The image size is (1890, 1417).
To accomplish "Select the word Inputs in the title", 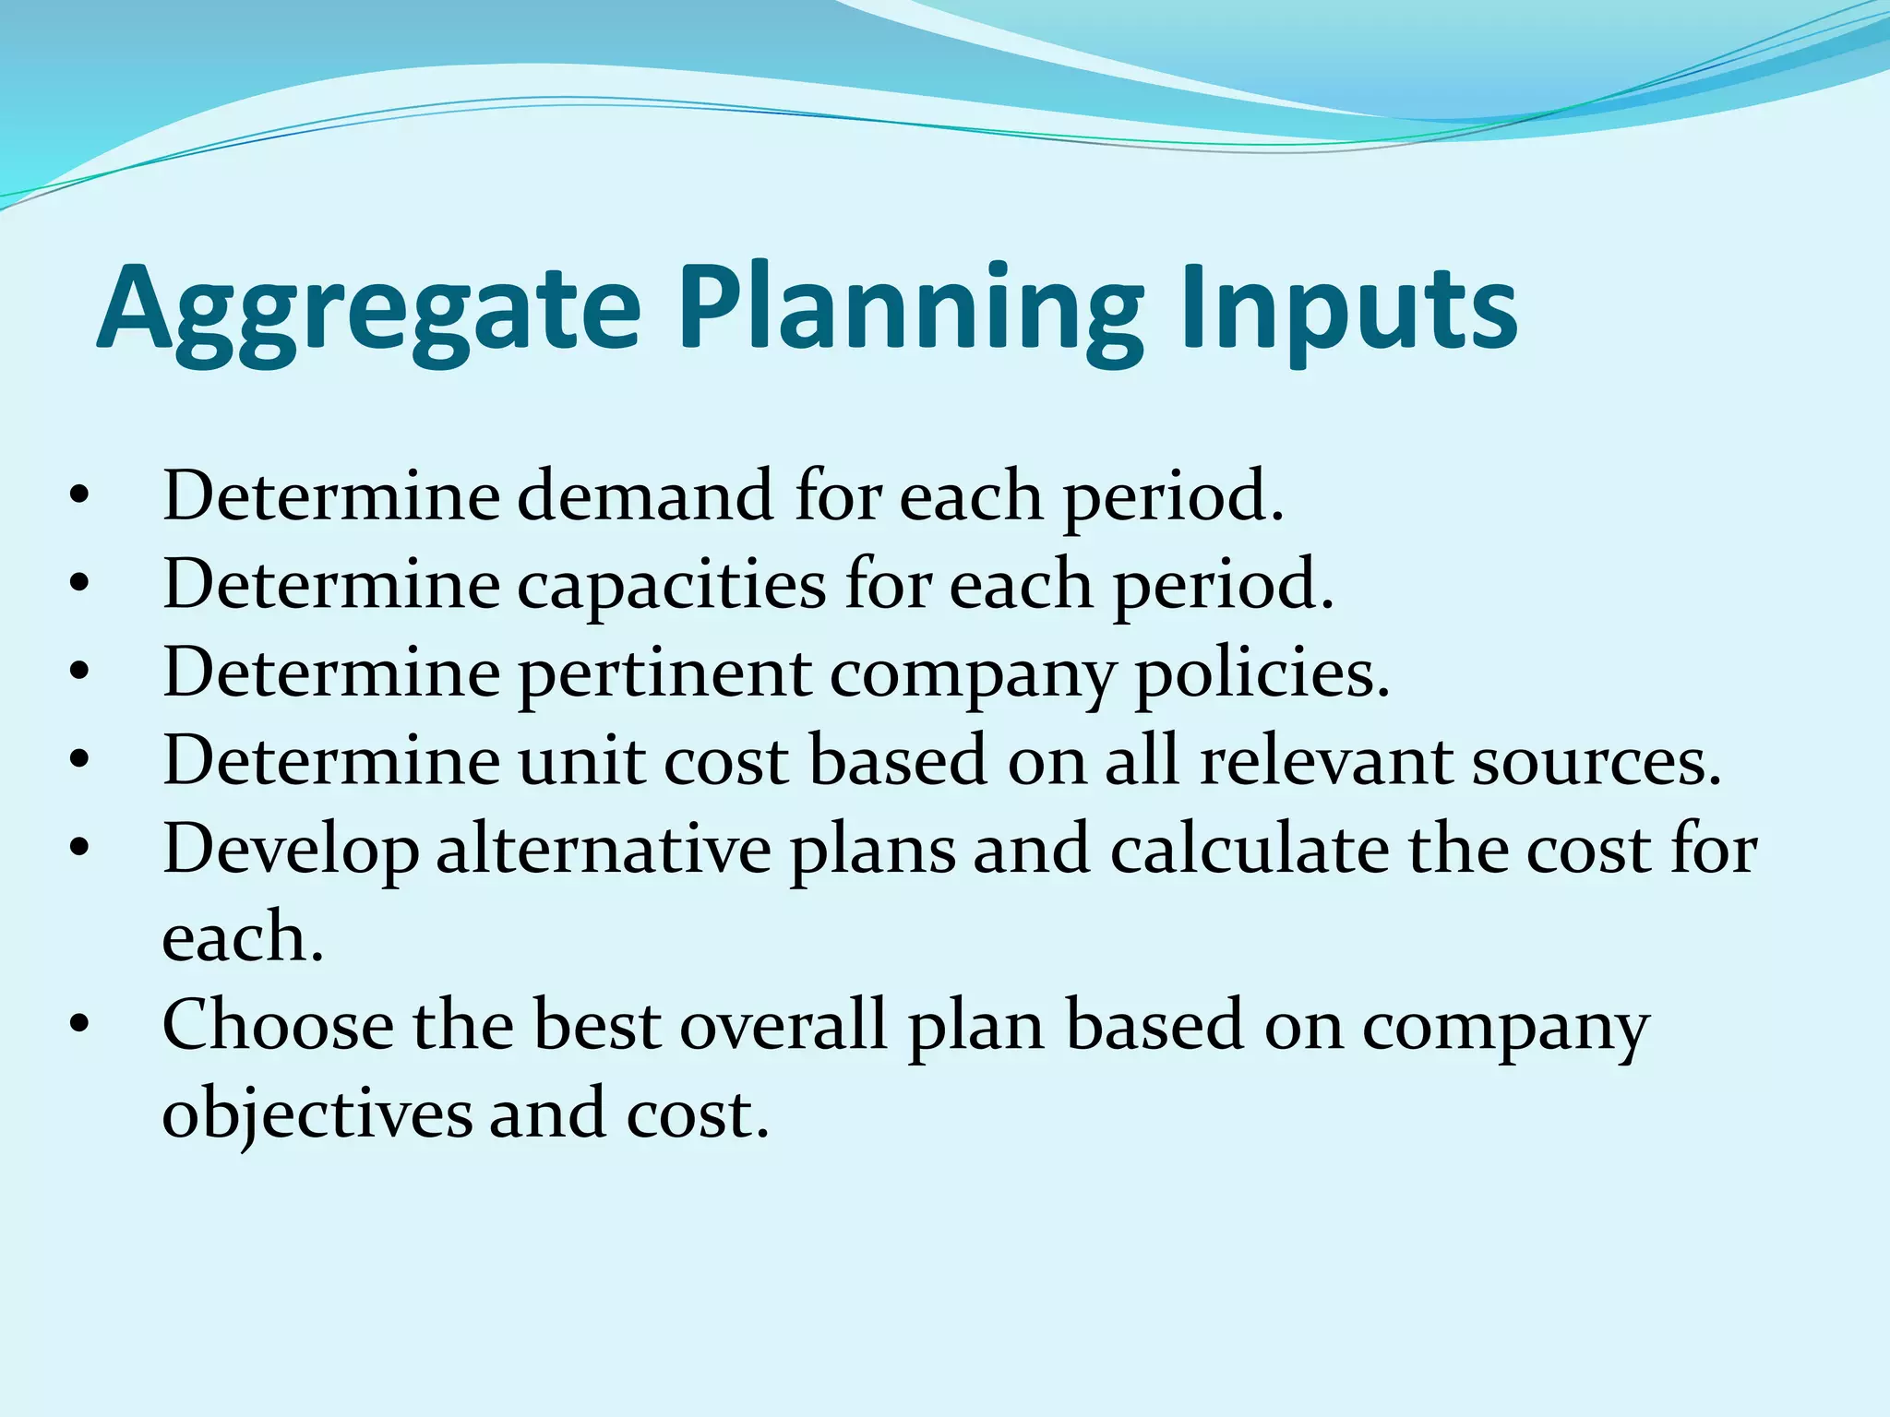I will [1347, 309].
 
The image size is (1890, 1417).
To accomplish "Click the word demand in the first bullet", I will [644, 496].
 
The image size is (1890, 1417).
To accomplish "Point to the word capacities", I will [671, 584].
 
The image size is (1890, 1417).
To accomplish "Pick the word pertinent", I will [664, 673].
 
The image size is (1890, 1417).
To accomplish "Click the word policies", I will [1261, 673].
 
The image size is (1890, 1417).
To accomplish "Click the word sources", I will [1597, 761].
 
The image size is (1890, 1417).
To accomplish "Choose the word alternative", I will [604, 849].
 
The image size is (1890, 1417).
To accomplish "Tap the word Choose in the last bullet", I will [277, 1025].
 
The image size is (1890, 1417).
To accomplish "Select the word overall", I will [784, 1025].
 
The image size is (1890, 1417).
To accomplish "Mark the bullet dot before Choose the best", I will [80, 1025].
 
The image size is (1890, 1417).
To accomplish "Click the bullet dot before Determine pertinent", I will [80, 673].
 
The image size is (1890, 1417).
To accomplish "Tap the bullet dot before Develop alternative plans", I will [80, 849].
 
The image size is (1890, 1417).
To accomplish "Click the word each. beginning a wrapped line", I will [243, 937].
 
